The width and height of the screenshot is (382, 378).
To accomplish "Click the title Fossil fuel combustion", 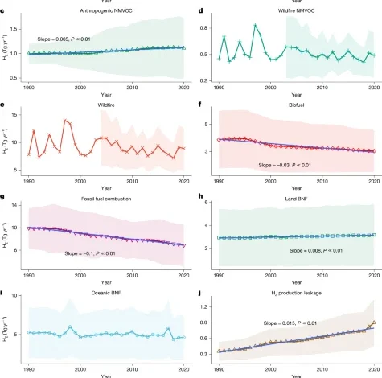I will (105, 198).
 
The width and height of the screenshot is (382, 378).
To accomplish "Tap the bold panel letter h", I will (199, 198).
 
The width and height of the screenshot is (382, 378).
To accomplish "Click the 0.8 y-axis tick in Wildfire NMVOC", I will (205, 28).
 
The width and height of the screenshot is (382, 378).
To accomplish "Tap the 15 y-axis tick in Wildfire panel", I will (17, 114).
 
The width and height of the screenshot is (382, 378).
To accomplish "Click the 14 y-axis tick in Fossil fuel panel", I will (17, 206).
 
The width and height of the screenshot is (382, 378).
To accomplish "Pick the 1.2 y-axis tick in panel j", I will (205, 307).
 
